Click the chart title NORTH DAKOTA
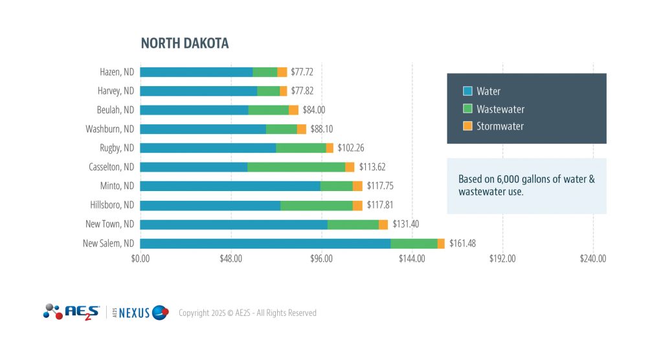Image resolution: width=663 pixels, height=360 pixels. click(x=185, y=43)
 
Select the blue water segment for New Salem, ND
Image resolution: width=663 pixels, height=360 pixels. click(x=265, y=243)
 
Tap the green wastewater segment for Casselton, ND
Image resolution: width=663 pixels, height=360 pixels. click(x=296, y=167)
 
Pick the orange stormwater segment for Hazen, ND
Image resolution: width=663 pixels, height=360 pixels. click(x=282, y=72)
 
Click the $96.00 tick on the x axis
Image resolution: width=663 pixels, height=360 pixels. click(x=321, y=259)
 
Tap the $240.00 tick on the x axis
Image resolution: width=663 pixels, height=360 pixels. click(x=593, y=259)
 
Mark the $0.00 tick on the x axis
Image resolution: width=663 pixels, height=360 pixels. click(x=140, y=259)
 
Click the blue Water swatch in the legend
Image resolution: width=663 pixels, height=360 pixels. click(x=467, y=91)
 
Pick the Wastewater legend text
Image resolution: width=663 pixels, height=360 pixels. click(x=500, y=109)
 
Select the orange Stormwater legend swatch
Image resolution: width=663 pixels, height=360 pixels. click(x=467, y=126)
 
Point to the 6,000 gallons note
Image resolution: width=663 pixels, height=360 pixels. click(x=526, y=185)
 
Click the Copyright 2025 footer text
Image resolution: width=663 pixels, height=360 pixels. click(x=247, y=313)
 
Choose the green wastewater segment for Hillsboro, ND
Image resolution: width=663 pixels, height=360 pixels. click(x=317, y=205)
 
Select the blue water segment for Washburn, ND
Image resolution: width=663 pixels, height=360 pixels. click(x=203, y=129)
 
